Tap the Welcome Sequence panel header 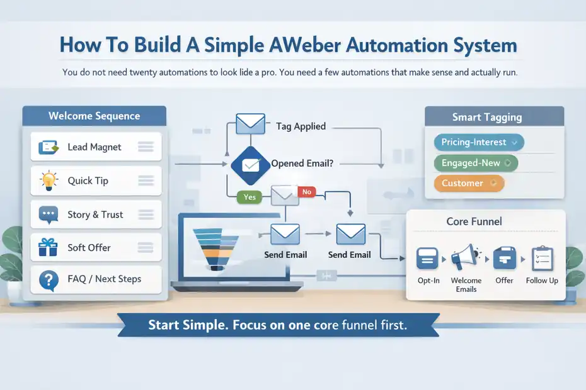[95, 116]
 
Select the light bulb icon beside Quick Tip [48, 181]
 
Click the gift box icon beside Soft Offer [48, 247]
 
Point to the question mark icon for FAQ [48, 280]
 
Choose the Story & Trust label [95, 214]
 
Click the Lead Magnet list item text [95, 147]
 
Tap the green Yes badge [250, 197]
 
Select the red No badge [307, 192]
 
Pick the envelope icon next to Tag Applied [250, 123]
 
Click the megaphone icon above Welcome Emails [466, 258]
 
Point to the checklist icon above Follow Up [542, 259]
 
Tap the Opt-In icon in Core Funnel [428, 259]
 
